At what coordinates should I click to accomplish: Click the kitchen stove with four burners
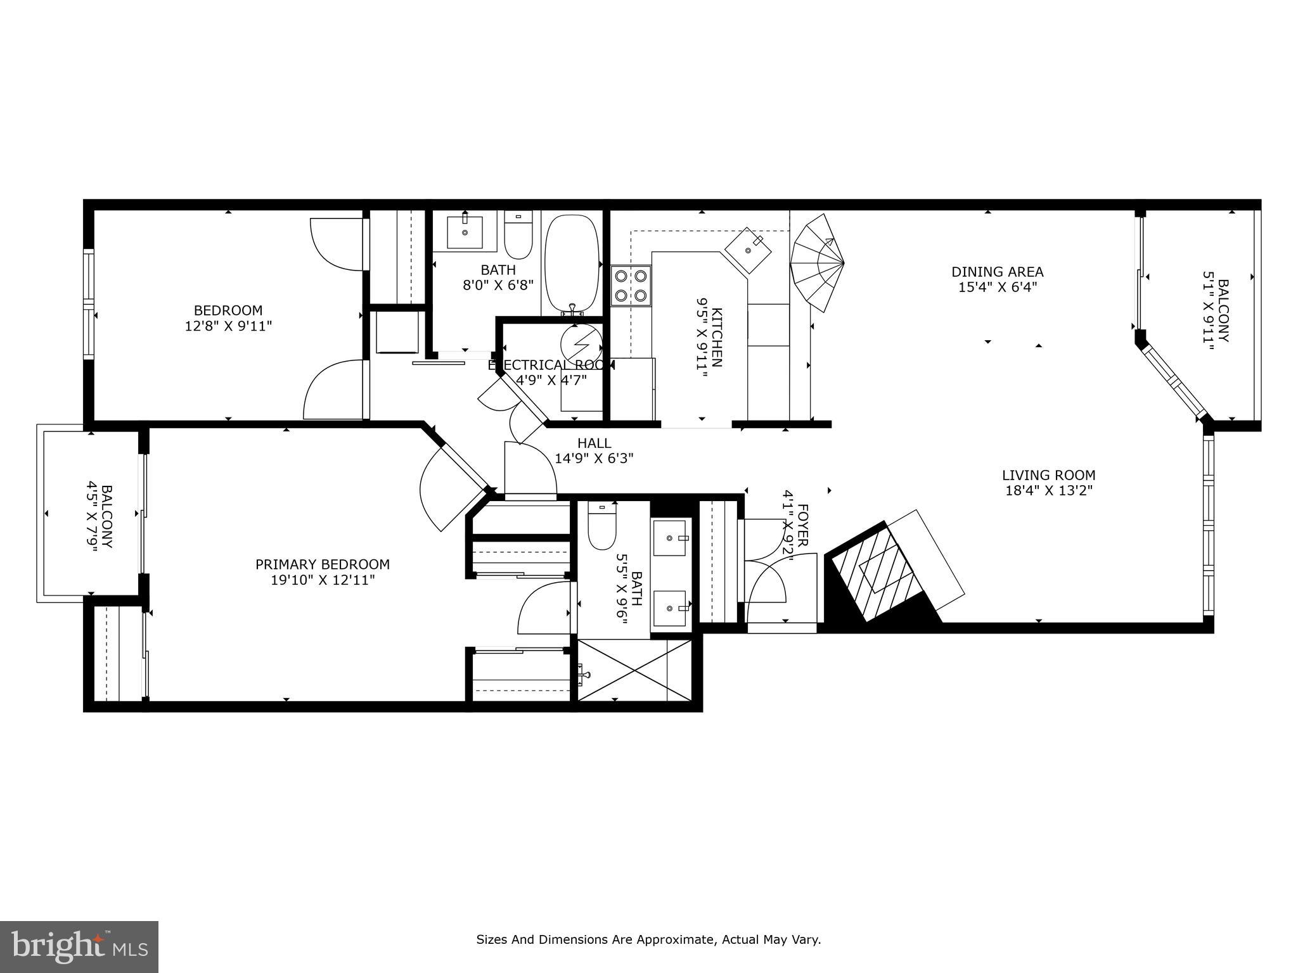pos(631,286)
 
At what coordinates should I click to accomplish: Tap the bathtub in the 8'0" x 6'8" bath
pos(572,264)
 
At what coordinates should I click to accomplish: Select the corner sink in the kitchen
pos(749,251)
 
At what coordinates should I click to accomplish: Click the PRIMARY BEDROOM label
pos(322,564)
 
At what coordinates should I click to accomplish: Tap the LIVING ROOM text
pos(1048,475)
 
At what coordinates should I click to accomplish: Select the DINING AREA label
pos(997,272)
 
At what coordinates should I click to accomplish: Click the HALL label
pos(594,443)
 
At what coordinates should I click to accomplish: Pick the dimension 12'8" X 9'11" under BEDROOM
pos(228,326)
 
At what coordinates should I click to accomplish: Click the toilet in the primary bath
pos(601,525)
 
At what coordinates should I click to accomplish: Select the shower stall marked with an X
pos(634,670)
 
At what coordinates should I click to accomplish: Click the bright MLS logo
pos(79,946)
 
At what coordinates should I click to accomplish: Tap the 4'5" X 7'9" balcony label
pos(100,517)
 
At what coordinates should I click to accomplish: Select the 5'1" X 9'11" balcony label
pos(1216,311)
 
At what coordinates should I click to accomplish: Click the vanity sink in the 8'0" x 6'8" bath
pos(465,232)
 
